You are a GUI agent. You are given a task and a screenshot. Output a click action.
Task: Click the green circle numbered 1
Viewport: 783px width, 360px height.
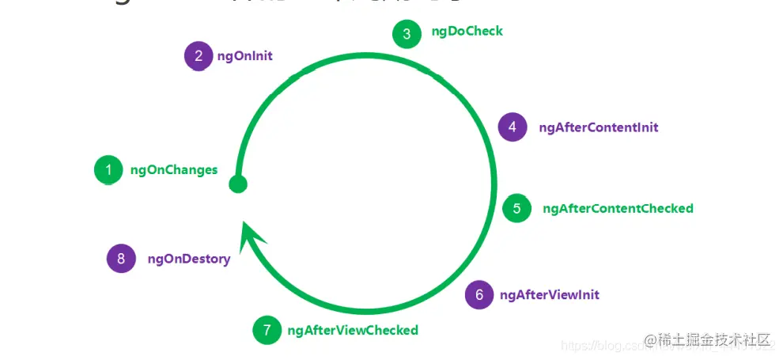pyautogui.click(x=108, y=170)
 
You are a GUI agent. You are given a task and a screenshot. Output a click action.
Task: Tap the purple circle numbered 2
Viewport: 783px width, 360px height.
pyautogui.click(x=199, y=56)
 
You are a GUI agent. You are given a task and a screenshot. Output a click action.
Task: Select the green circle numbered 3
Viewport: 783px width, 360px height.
pyautogui.click(x=407, y=33)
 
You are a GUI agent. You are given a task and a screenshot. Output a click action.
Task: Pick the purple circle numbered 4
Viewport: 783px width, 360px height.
pyautogui.click(x=513, y=127)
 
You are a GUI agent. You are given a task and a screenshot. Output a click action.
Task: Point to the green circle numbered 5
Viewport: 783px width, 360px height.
pyautogui.click(x=517, y=209)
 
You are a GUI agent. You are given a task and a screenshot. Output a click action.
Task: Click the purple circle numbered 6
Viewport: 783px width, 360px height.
pyautogui.click(x=479, y=295)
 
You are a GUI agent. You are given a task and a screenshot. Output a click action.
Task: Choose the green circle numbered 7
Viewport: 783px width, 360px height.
pyautogui.click(x=267, y=330)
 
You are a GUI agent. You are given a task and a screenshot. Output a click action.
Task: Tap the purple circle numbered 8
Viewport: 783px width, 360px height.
pyautogui.click(x=121, y=259)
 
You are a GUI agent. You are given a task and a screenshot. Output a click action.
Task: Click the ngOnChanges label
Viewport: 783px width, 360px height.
pyautogui.click(x=173, y=170)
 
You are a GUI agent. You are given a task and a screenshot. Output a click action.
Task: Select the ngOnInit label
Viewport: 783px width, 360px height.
pyautogui.click(x=244, y=56)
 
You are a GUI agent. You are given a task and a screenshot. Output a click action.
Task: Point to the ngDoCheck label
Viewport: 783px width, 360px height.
pyautogui.click(x=467, y=32)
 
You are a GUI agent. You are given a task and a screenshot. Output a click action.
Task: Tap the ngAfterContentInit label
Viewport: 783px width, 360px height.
pyautogui.click(x=599, y=127)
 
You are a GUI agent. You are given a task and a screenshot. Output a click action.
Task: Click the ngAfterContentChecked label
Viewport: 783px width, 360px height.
pyautogui.click(x=618, y=209)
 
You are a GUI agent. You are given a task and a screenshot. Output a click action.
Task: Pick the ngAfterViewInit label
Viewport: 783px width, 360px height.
pyautogui.click(x=550, y=295)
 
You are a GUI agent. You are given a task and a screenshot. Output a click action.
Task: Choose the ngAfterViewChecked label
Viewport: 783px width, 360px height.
pyautogui.click(x=353, y=330)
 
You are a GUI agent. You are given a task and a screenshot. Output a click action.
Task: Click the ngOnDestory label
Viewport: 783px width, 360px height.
pyautogui.click(x=189, y=259)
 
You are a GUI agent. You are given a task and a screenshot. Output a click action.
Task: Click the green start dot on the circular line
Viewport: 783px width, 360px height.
pyautogui.click(x=237, y=184)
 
